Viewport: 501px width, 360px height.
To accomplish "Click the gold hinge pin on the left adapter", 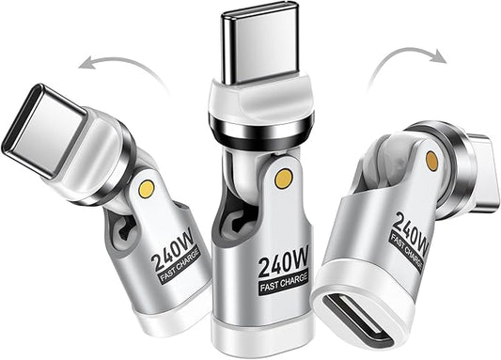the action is (147, 189).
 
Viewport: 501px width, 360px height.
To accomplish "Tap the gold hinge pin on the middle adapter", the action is (284, 178).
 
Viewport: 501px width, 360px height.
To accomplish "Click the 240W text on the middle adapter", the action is (284, 263).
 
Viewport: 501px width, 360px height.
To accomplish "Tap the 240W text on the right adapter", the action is (411, 233).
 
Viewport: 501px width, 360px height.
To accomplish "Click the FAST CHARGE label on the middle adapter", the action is (284, 283).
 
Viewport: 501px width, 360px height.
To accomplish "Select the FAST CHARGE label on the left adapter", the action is (180, 265).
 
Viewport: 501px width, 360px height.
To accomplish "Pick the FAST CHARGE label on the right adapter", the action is (406, 252).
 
